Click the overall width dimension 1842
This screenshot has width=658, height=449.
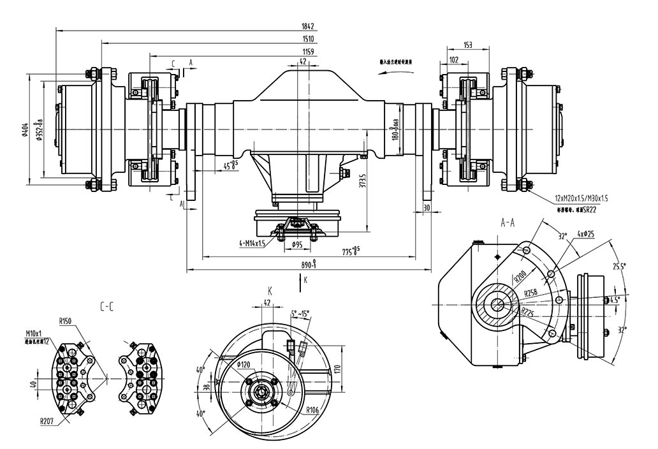coord(309,27)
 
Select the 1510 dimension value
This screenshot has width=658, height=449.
coord(309,40)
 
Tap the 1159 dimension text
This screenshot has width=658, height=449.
coord(309,51)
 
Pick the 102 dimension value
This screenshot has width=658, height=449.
coord(454,59)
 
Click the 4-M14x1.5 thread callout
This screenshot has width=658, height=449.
coord(258,244)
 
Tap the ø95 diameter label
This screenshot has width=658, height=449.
coord(297,245)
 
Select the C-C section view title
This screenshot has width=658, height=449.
coord(106,307)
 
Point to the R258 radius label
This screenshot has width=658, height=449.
coord(531,294)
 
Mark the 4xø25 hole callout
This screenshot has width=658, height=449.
coord(586,235)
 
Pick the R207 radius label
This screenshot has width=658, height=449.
coord(47,421)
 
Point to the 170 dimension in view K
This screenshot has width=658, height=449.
coord(338,368)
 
